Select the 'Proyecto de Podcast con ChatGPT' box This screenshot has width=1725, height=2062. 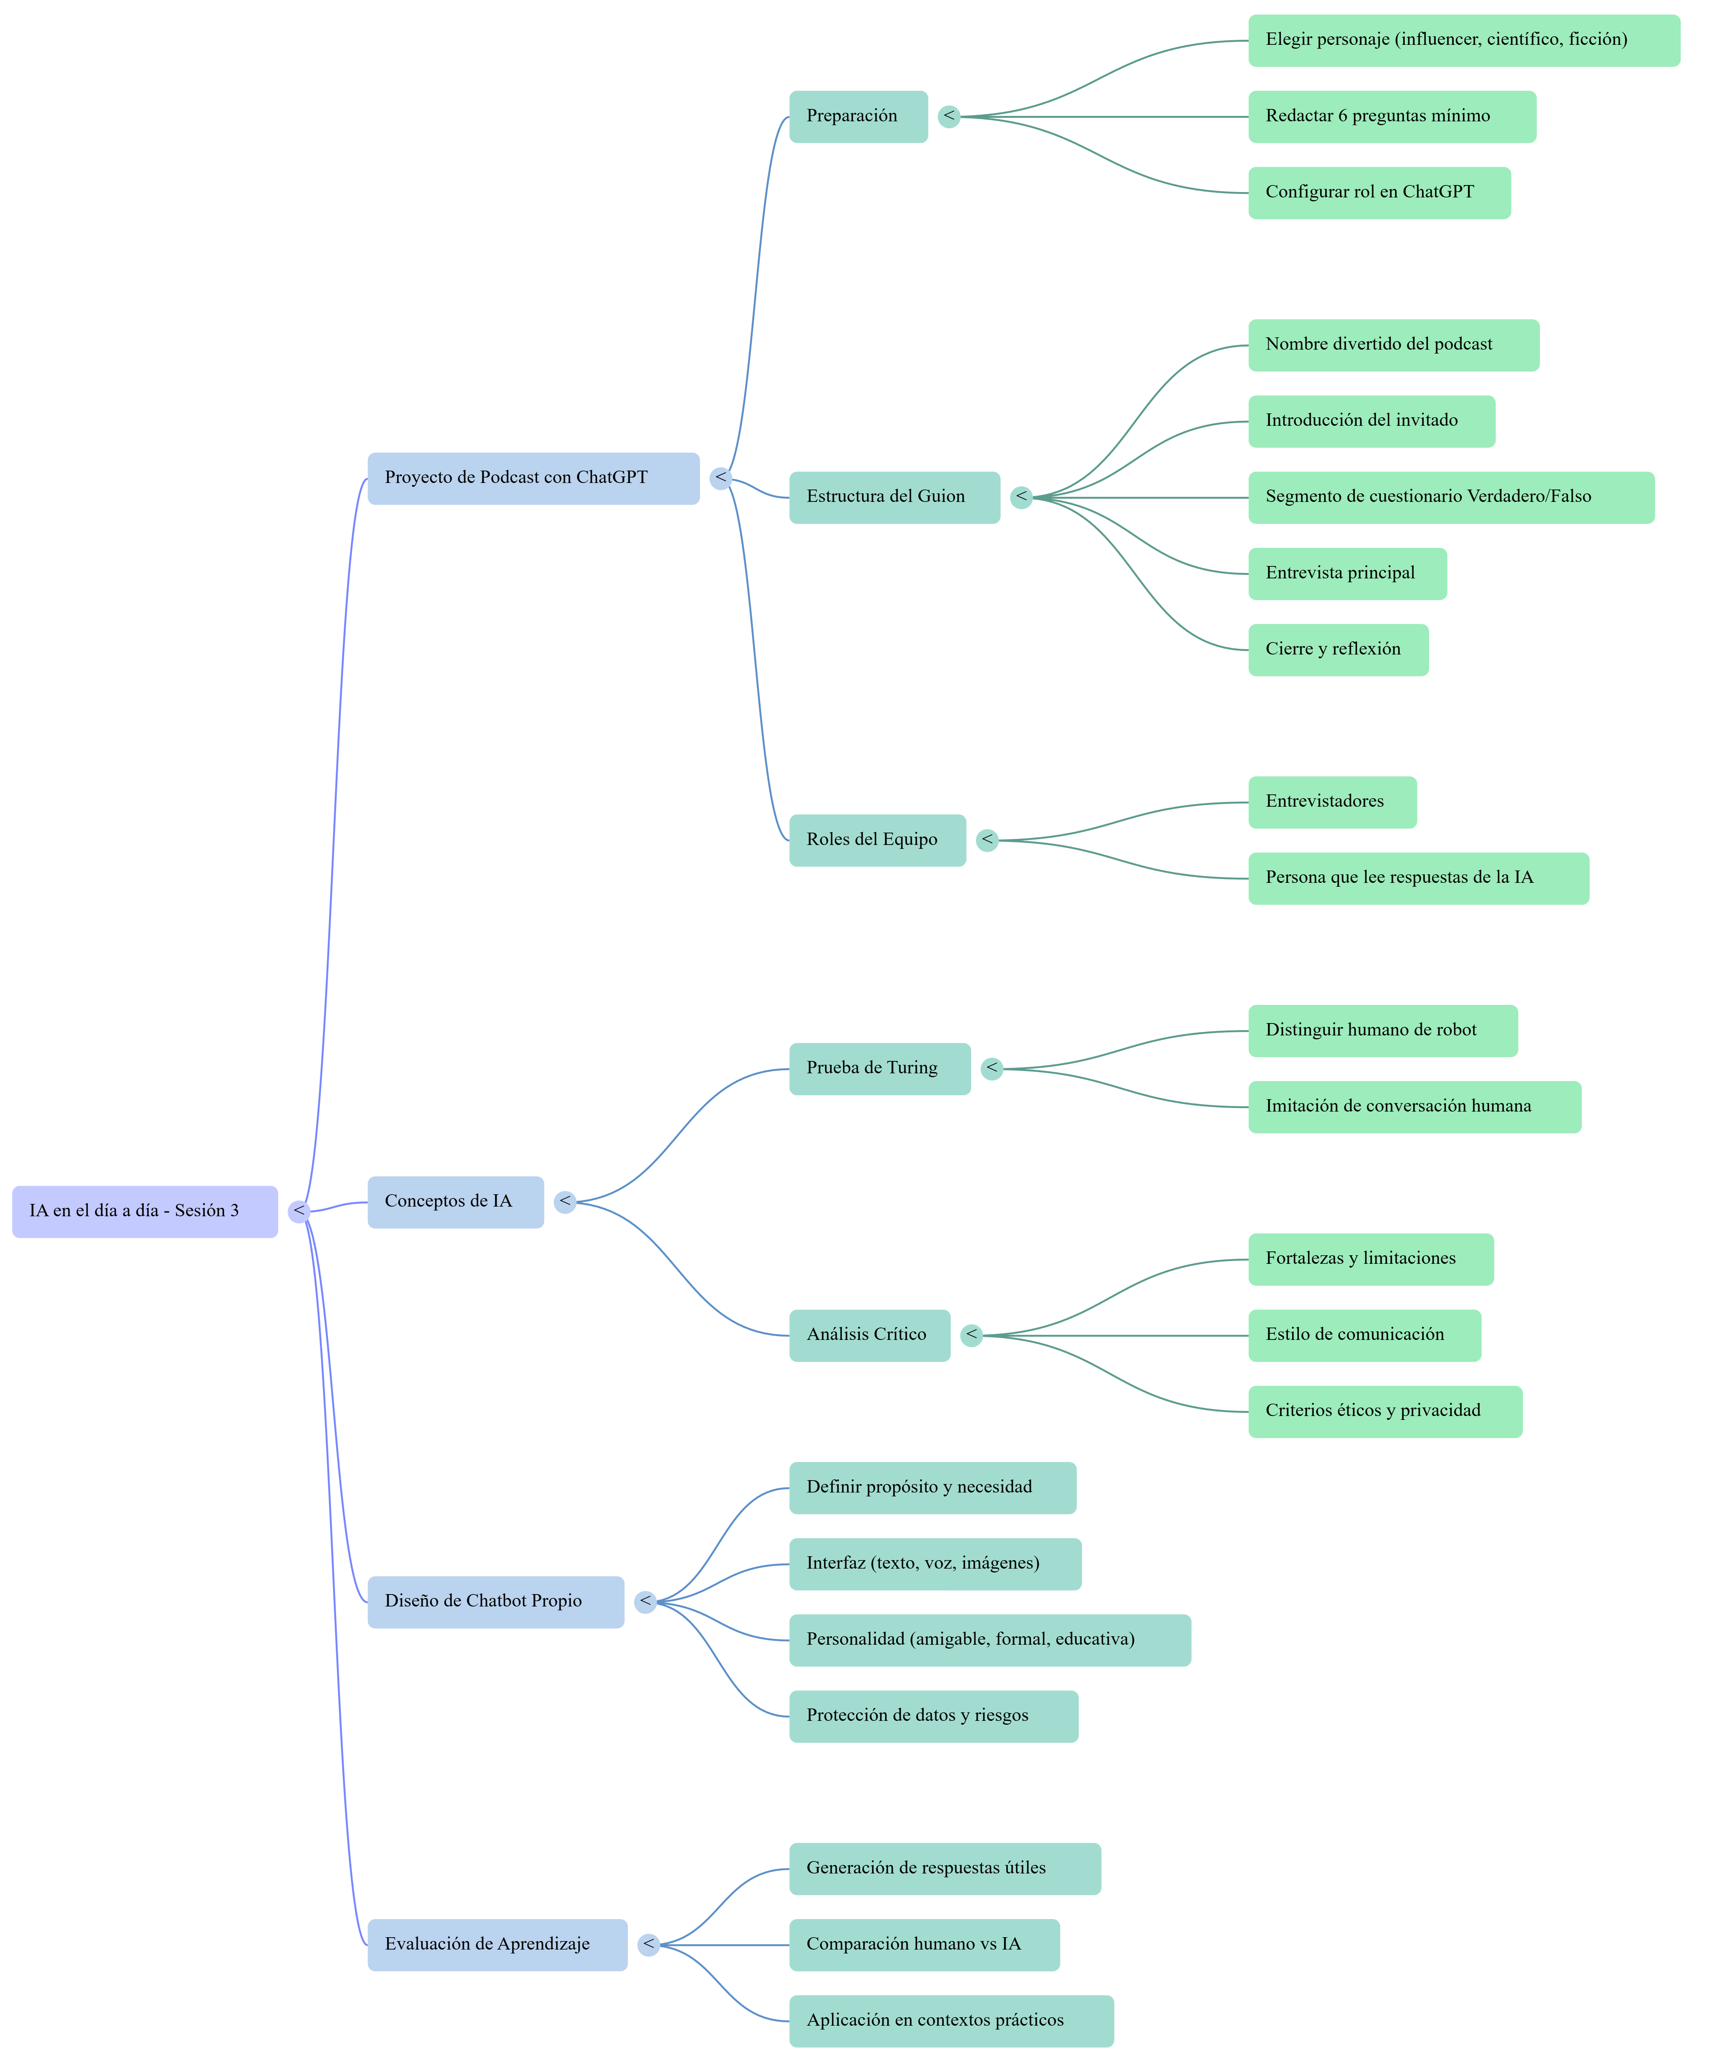[533, 478]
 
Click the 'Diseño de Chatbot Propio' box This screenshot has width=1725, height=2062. [495, 1601]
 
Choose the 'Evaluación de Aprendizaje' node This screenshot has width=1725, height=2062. [497, 1944]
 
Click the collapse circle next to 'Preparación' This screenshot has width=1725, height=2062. [948, 117]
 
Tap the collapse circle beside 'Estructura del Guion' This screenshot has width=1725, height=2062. [1021, 497]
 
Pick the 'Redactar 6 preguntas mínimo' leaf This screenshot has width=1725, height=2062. [1391, 117]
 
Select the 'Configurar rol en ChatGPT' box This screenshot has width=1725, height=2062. [1378, 192]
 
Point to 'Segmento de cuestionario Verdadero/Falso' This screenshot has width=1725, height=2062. [1450, 497]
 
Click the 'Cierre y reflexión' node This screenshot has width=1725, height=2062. [1337, 649]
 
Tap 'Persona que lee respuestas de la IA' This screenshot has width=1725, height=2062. [1418, 878]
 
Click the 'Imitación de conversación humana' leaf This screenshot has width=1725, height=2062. [1414, 1107]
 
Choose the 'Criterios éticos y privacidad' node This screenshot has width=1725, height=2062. [1384, 1411]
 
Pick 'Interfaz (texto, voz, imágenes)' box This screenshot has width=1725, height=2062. [935, 1563]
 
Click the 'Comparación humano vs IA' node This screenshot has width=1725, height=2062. [924, 1944]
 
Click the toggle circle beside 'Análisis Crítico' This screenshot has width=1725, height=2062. [971, 1334]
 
